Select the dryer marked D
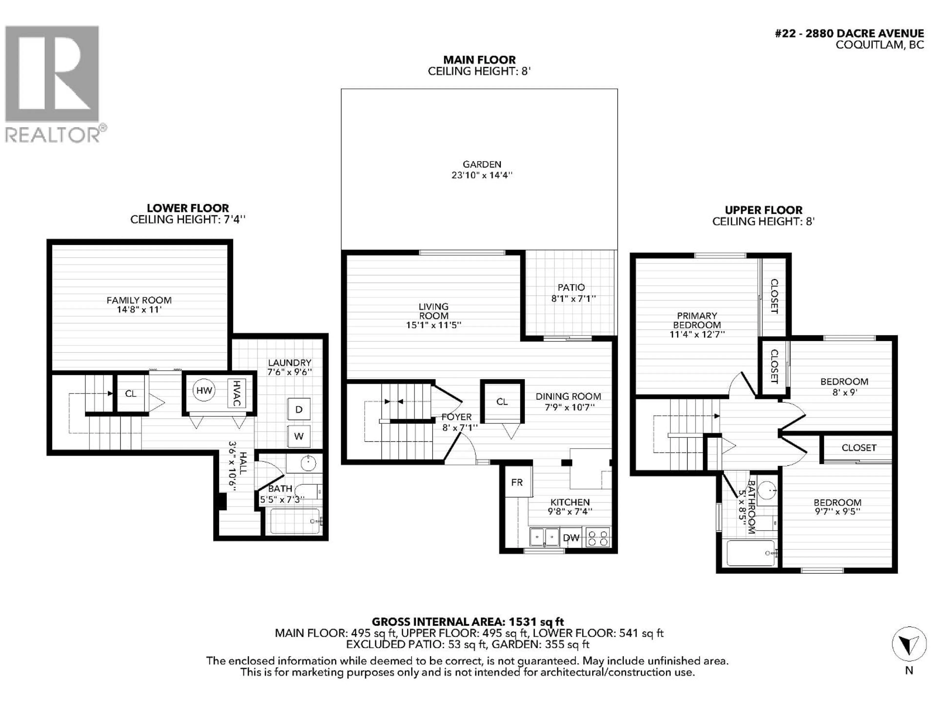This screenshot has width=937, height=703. point(299,409)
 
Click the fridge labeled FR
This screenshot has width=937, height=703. point(517,482)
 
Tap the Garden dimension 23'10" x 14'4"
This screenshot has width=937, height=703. point(482,175)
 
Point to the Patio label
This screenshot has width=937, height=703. point(571,287)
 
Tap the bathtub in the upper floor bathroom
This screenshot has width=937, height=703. point(751,553)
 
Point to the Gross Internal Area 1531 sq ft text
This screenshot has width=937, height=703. point(468,622)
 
